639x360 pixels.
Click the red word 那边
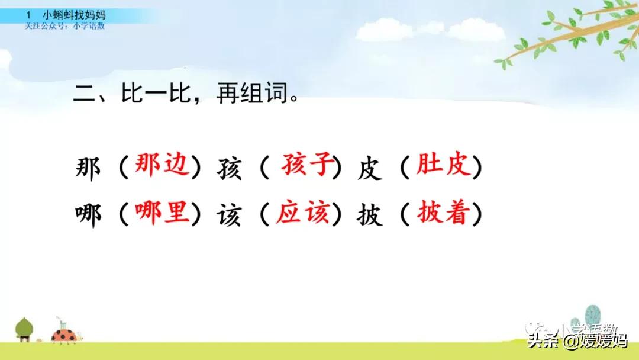pyautogui.click(x=162, y=167)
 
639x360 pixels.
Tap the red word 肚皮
pyautogui.click(x=444, y=167)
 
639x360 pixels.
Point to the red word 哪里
pyautogui.click(x=162, y=214)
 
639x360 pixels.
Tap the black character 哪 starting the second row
pyautogui.click(x=89, y=216)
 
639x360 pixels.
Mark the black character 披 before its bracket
pyautogui.click(x=370, y=216)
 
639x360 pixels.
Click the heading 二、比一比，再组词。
pyautogui.click(x=185, y=94)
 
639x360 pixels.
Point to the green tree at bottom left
pyautogui.click(x=25, y=328)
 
